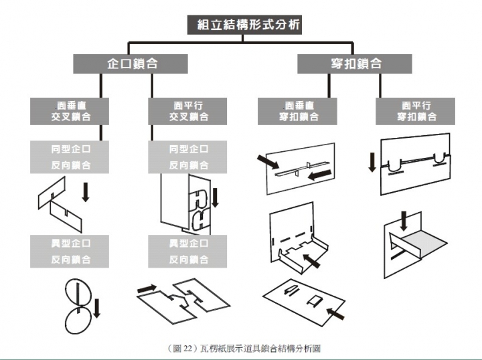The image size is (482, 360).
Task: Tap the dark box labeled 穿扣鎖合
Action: point(356,64)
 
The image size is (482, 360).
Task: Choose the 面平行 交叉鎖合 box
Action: point(188,111)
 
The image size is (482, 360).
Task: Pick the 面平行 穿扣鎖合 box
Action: point(416,111)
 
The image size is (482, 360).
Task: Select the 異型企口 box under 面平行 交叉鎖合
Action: point(188,252)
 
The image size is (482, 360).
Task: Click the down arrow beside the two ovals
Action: point(96,308)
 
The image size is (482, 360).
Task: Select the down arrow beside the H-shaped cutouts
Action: point(215,197)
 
